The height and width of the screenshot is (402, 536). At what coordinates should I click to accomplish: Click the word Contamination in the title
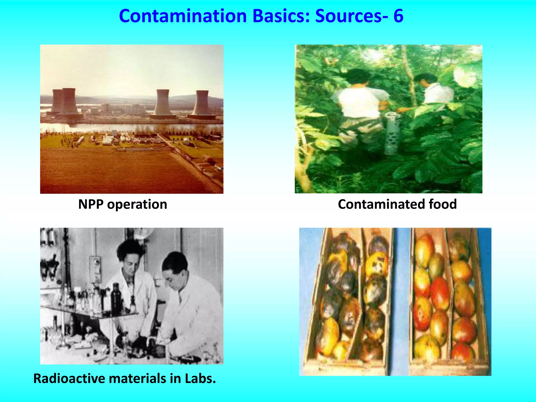click(183, 16)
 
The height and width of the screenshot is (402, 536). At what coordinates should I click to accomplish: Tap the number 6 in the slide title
click(398, 16)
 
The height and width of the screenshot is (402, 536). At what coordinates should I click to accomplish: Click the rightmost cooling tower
click(202, 103)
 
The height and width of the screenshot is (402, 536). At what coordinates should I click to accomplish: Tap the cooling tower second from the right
click(163, 103)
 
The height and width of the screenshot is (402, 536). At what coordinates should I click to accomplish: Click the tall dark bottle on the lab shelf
click(115, 298)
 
